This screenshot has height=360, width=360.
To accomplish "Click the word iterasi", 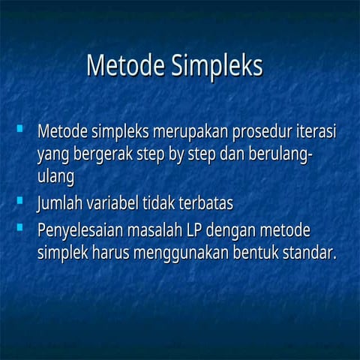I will tap(316, 133).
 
